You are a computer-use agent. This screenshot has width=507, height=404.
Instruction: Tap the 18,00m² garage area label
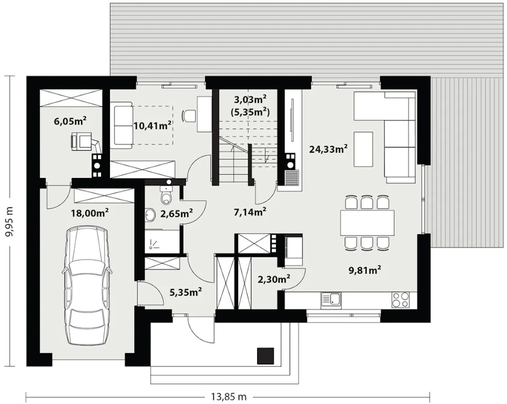coord(90,213)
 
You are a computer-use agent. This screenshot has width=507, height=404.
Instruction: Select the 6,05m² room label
coord(70,121)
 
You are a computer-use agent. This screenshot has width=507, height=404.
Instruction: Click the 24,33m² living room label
coord(328,149)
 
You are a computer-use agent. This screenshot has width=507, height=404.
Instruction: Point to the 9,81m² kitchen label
coord(365,270)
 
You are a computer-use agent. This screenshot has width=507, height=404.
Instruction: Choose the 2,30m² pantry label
coord(274,280)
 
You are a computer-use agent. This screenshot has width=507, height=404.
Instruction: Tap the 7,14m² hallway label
coord(250,212)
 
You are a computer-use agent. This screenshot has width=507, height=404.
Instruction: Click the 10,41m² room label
coord(152,125)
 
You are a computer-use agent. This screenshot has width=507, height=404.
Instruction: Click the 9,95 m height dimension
coord(10,222)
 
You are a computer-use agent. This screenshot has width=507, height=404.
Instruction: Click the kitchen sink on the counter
coord(331,301)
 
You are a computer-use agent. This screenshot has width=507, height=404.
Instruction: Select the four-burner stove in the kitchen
coord(400,300)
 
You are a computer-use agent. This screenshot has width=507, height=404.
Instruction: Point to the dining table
coord(367,223)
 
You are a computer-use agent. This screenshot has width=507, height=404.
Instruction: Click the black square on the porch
coord(265,356)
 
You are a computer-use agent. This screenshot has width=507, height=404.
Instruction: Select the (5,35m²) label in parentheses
coord(250,112)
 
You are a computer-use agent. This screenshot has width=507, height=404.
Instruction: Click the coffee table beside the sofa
coord(363,149)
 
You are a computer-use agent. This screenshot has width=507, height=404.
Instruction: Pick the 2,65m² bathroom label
coord(177,213)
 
